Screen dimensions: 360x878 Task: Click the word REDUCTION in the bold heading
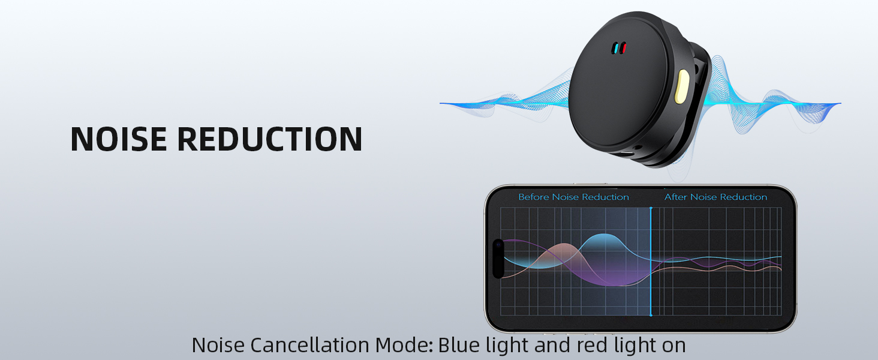pos(269,139)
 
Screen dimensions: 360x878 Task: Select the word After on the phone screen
pos(676,197)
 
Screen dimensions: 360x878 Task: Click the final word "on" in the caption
pos(673,346)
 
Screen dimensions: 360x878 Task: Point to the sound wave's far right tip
pos(840,103)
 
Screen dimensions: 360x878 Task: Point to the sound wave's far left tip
pos(441,103)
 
